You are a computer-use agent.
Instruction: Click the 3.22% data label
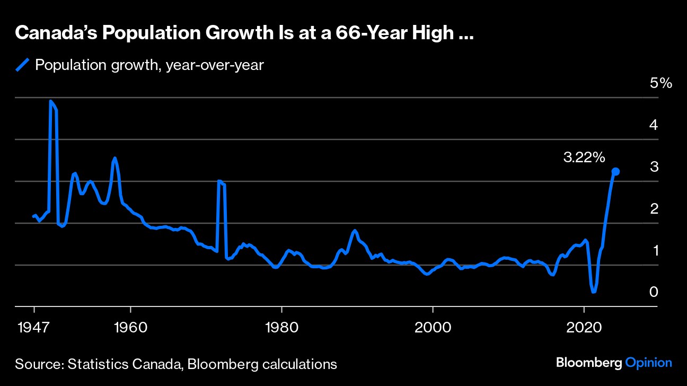pyautogui.click(x=584, y=157)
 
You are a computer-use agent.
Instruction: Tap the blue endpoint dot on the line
pyautogui.click(x=615, y=171)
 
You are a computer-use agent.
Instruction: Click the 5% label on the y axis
pyautogui.click(x=660, y=83)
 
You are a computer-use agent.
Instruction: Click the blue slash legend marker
pyautogui.click(x=22, y=65)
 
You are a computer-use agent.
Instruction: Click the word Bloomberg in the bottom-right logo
pyautogui.click(x=588, y=363)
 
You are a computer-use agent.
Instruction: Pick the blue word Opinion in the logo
pyautogui.click(x=648, y=363)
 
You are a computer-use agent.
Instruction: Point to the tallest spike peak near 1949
pyautogui.click(x=51, y=101)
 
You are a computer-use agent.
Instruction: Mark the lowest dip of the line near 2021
pyautogui.click(x=594, y=291)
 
